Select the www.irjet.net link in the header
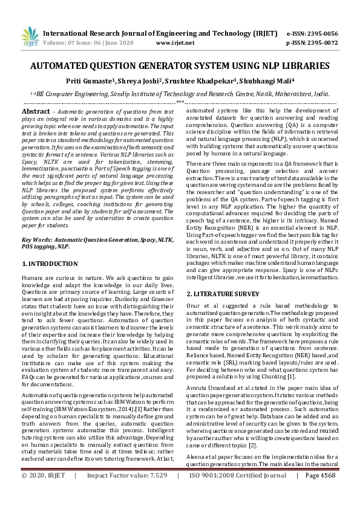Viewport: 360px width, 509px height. pos(175,44)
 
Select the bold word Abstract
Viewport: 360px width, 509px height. pos(36,112)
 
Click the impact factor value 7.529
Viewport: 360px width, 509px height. pos(155,493)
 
